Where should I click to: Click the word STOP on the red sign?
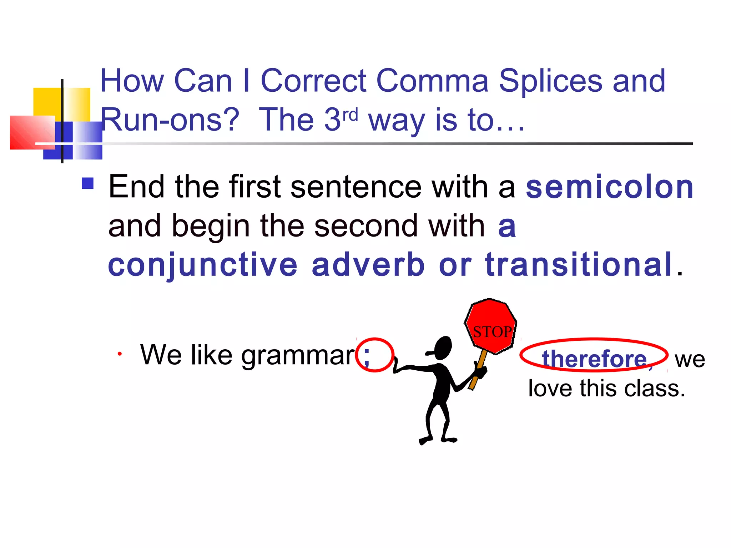click(x=492, y=332)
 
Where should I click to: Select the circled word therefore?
click(x=594, y=359)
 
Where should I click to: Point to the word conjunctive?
click(x=202, y=265)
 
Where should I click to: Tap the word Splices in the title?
click(x=551, y=81)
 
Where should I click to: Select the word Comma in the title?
click(x=432, y=81)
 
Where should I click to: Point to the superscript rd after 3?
click(x=350, y=115)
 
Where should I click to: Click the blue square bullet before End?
click(x=87, y=183)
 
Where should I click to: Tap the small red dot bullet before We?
click(x=120, y=354)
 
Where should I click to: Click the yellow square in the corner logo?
click(x=48, y=102)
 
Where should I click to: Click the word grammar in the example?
click(x=298, y=355)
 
